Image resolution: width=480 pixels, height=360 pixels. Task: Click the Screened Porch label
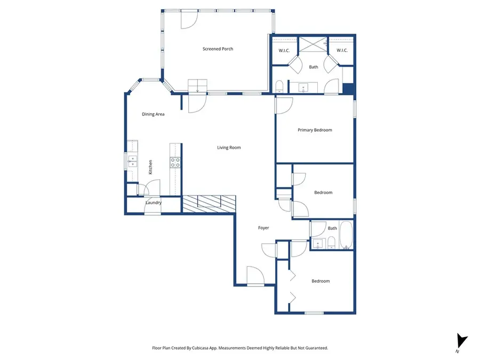(x=218, y=49)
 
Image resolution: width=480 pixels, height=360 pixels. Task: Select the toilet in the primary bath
(x=279, y=87)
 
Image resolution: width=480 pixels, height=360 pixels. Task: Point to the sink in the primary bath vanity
(x=304, y=87)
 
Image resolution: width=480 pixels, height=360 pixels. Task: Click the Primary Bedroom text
(x=315, y=130)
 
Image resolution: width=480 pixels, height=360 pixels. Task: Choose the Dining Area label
(x=153, y=114)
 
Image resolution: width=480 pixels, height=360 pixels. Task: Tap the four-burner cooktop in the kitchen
(x=174, y=162)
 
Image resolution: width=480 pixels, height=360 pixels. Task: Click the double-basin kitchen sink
(x=132, y=161)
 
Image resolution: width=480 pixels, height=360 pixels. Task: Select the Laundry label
(x=154, y=203)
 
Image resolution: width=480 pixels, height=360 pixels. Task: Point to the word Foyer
(x=263, y=228)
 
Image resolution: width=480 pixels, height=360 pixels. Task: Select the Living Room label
(x=229, y=148)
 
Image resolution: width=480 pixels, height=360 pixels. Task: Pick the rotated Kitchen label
(x=150, y=167)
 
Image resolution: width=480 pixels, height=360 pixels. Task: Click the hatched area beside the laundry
(x=209, y=203)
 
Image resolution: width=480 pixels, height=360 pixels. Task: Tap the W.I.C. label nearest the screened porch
(x=284, y=51)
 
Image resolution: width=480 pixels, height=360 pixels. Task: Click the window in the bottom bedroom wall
(x=314, y=313)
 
